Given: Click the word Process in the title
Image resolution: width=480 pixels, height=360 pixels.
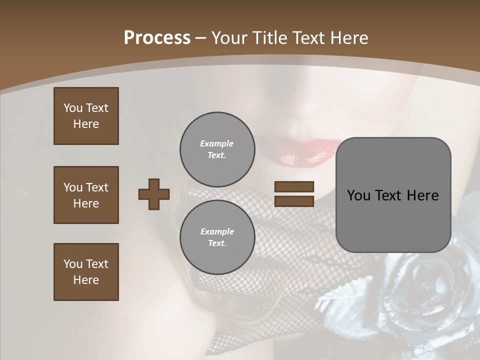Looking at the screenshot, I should (157, 38).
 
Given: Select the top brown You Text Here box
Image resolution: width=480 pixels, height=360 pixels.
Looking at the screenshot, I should (86, 116).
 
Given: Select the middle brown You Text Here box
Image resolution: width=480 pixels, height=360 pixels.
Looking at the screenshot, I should (86, 195).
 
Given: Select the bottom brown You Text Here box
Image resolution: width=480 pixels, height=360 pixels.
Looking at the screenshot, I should (86, 272).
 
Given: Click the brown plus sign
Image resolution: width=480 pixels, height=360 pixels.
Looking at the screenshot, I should (154, 194).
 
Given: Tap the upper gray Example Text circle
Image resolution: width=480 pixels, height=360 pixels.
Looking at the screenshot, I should (217, 149).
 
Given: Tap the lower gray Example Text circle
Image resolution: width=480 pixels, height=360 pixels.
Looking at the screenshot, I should (217, 237).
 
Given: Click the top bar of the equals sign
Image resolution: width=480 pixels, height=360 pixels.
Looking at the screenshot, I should (294, 186).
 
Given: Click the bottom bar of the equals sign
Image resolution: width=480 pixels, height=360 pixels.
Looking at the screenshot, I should (294, 201).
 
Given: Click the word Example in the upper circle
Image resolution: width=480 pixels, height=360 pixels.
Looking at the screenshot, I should (217, 143).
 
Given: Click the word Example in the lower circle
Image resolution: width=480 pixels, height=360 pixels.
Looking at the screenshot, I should (217, 231).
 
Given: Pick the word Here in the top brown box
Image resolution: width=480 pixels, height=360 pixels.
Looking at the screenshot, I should (86, 124).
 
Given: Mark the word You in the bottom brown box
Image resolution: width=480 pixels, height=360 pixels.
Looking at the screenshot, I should (73, 264).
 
